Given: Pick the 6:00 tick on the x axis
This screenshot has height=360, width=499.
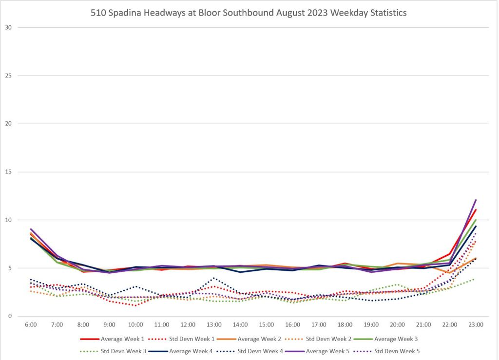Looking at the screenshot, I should tap(31, 324).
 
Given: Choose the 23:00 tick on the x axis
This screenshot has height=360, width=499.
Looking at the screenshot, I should tap(476, 324).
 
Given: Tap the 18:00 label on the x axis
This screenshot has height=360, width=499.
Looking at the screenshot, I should tap(345, 324).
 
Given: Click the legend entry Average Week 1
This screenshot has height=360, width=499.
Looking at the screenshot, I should tap(121, 339).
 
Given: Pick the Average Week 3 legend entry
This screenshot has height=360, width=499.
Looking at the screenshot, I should tap(396, 339).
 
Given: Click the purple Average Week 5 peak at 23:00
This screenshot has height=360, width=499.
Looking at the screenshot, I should tap(476, 200).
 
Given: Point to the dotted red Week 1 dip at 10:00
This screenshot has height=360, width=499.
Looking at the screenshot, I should tap(135, 305).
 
